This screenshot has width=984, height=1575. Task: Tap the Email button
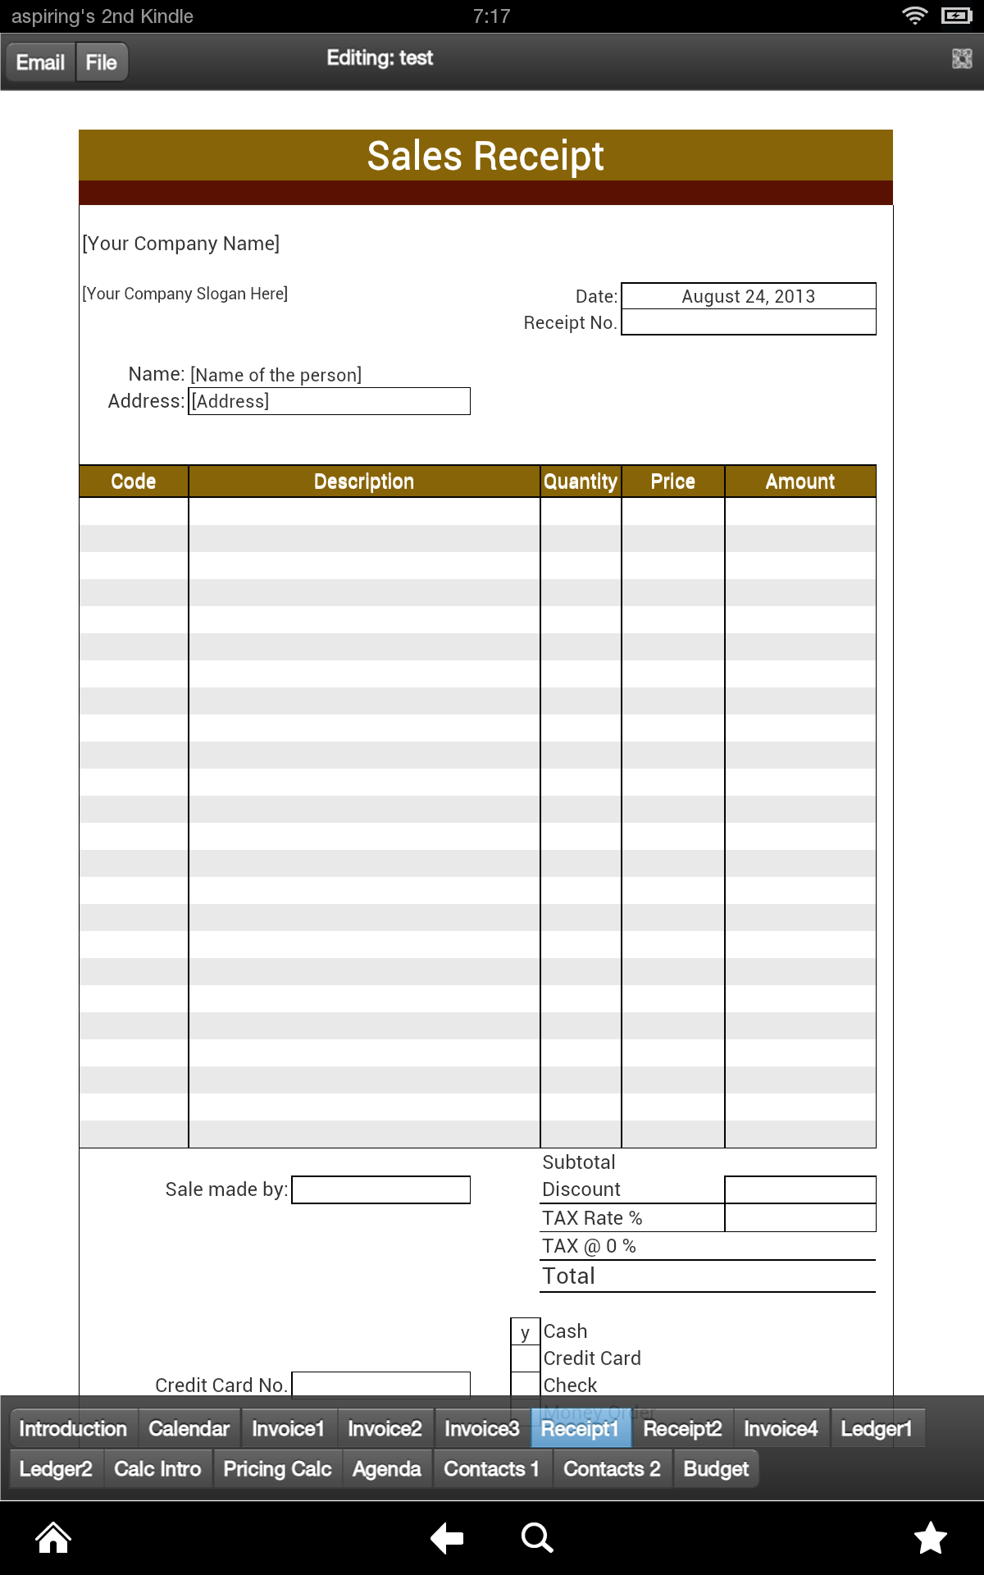[41, 62]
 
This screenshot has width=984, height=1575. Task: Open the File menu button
[102, 62]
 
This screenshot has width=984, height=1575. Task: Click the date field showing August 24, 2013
[748, 296]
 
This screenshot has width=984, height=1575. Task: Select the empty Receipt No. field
[748, 322]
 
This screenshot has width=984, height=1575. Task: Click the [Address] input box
[329, 401]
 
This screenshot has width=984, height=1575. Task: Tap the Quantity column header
[581, 482]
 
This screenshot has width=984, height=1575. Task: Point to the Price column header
[672, 482]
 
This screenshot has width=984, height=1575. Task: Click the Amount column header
[799, 482]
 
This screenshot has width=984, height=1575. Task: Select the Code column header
[134, 482]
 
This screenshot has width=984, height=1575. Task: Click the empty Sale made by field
[380, 1189]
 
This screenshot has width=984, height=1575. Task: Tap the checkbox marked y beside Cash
[525, 1331]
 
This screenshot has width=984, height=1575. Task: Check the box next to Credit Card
[525, 1358]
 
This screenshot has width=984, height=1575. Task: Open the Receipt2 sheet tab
[682, 1429]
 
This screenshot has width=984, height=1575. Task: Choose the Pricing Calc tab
[277, 1469]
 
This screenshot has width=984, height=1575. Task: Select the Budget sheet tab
[716, 1469]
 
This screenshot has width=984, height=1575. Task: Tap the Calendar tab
[189, 1429]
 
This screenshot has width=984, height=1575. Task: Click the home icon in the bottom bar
[53, 1538]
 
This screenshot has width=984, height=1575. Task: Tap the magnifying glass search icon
[537, 1538]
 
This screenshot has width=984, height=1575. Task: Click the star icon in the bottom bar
[931, 1538]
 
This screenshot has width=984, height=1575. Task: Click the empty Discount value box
[799, 1189]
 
